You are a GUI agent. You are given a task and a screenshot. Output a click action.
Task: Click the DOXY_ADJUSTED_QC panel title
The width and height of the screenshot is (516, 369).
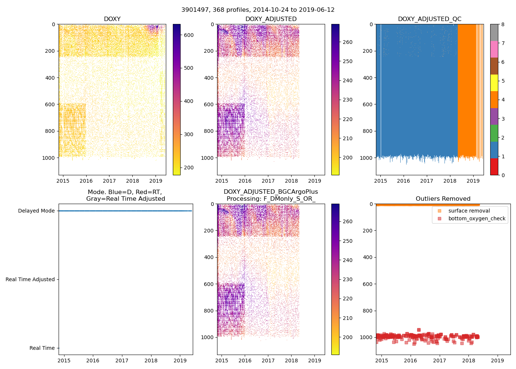(429, 19)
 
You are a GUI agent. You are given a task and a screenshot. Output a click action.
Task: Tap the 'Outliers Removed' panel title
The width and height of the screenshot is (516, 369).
(443, 199)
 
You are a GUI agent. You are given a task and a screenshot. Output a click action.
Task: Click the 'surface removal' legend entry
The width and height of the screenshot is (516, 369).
(469, 211)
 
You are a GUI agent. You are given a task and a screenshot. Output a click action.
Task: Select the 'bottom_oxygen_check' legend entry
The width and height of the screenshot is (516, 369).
(477, 218)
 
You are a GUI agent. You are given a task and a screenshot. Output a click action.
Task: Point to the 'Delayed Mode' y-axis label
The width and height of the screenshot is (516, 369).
(36, 211)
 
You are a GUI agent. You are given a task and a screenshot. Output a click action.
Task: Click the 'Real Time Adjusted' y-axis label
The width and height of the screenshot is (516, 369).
(30, 279)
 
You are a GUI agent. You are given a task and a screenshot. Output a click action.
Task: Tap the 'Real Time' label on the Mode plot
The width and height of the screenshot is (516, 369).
(42, 348)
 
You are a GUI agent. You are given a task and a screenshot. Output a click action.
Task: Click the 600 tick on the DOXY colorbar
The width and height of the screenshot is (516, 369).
(189, 35)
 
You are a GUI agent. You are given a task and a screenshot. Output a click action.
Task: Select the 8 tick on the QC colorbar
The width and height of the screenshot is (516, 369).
(503, 24)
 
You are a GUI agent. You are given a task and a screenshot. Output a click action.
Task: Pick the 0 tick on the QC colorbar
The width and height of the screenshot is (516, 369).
(503, 175)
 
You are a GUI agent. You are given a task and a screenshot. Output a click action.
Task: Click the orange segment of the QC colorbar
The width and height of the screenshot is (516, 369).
(494, 100)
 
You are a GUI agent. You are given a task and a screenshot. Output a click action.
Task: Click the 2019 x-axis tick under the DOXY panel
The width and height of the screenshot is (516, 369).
(156, 181)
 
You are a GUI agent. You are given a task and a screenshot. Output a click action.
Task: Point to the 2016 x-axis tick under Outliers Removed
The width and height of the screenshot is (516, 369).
(410, 361)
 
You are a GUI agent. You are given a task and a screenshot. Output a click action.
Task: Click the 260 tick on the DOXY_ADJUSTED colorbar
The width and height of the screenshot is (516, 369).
(347, 42)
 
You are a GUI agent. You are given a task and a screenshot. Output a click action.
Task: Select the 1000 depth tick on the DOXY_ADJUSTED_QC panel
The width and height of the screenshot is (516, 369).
(369, 158)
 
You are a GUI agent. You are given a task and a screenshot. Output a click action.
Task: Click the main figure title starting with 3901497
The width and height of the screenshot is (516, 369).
(258, 10)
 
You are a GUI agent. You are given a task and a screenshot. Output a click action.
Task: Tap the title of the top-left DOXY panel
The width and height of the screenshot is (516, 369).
(112, 19)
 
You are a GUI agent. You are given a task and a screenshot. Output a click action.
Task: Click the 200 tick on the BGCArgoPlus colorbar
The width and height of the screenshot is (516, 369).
(347, 337)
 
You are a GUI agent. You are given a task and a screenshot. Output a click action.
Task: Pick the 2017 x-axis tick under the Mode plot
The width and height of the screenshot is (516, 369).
(122, 361)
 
